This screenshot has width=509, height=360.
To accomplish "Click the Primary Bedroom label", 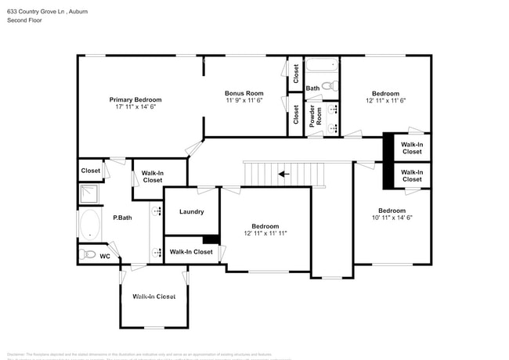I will pos(135,99).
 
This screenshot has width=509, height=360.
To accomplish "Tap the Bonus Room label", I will pos(244,93).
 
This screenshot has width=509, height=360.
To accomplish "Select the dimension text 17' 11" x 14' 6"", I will pos(135,107).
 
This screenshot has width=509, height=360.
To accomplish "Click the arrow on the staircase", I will pos(283,174).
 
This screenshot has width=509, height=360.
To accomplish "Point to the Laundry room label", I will pos(191,211).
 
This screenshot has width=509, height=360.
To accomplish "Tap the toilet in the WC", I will pos(88,254).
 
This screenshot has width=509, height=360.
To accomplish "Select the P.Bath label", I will pos(122,218).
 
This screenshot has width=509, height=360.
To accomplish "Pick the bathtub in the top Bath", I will pos(321,66).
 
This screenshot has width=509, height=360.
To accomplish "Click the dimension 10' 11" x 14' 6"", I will pos(392,218).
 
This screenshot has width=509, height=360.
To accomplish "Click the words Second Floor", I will pos(25,20).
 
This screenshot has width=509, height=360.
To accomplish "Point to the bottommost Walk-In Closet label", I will pos(153,297).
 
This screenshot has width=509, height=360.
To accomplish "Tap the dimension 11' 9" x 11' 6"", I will pos(244,100).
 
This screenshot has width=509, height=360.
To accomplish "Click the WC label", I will pos(104,256).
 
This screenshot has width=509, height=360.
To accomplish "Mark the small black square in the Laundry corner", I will pos(210,240).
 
